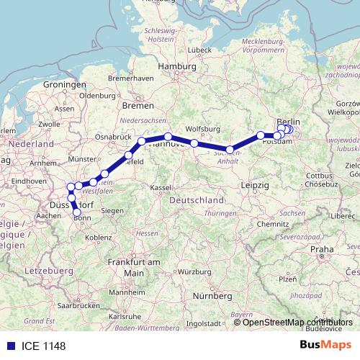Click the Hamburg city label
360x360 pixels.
177,66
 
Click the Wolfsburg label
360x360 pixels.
202,130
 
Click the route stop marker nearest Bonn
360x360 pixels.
77,212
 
